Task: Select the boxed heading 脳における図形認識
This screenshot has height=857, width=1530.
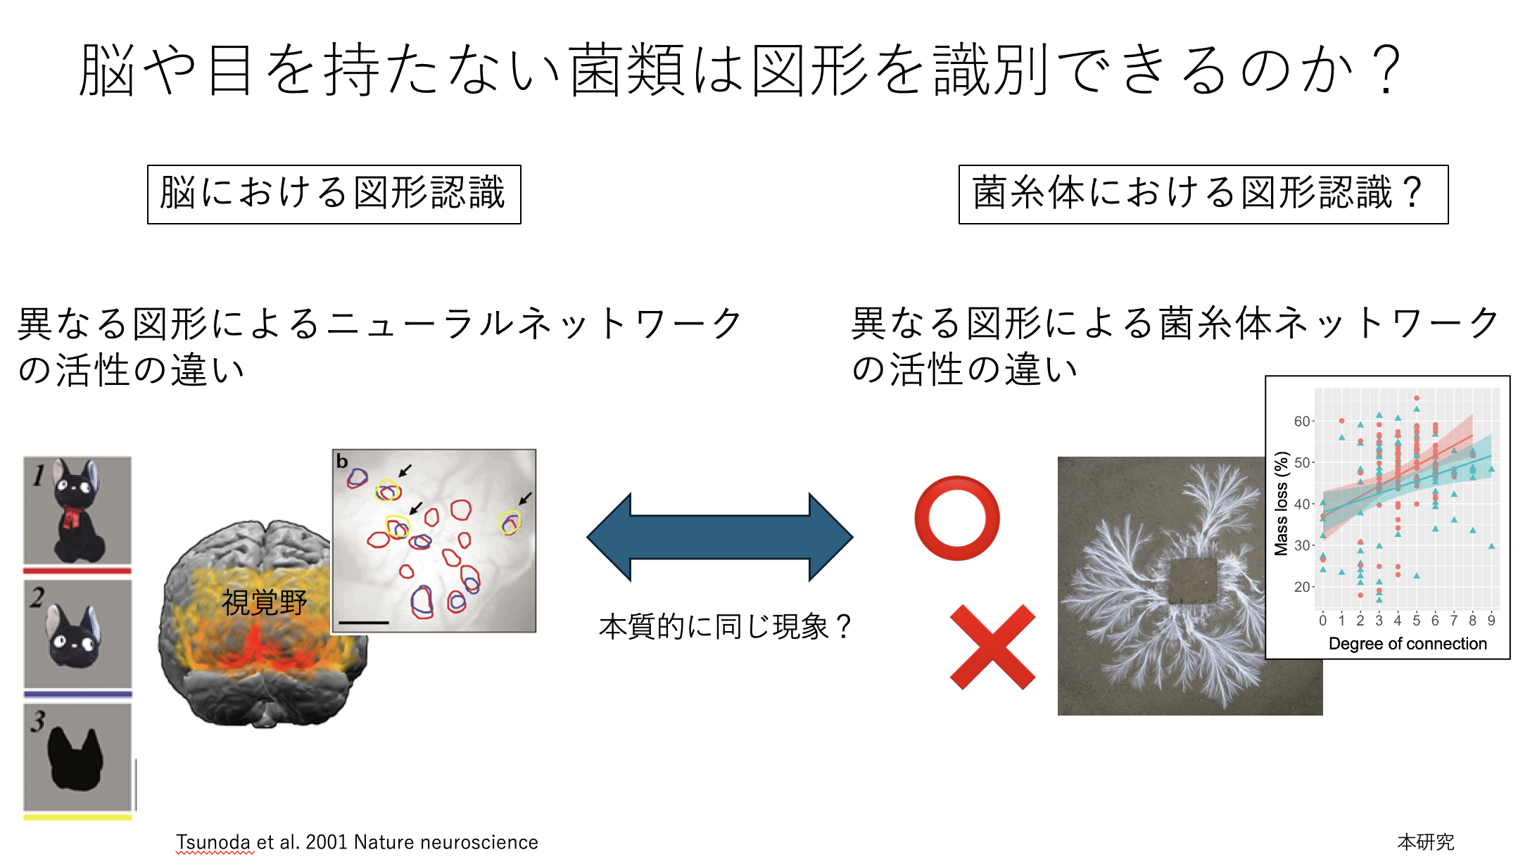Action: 334,194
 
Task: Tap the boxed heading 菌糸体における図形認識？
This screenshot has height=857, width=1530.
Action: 1203,194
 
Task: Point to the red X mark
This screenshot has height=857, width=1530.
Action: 992,647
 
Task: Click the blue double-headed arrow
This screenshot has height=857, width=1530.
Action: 720,537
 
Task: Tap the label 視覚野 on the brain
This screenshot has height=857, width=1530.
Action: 265,602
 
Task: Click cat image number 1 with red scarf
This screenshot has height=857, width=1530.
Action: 77,510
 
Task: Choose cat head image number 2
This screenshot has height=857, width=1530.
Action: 77,633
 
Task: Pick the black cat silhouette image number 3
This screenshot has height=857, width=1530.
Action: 77,757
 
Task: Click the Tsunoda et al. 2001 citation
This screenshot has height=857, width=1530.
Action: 357,842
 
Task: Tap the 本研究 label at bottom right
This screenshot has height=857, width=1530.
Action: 1426,842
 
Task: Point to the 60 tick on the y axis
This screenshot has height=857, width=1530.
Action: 1302,421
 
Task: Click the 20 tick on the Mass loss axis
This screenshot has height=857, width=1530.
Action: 1302,587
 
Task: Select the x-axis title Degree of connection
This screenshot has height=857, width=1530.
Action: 1408,644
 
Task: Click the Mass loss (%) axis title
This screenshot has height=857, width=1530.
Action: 1282,504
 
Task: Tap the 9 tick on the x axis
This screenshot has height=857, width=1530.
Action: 1491,621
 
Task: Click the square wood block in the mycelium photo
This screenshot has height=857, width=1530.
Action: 1193,581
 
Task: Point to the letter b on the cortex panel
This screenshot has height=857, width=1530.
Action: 342,462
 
